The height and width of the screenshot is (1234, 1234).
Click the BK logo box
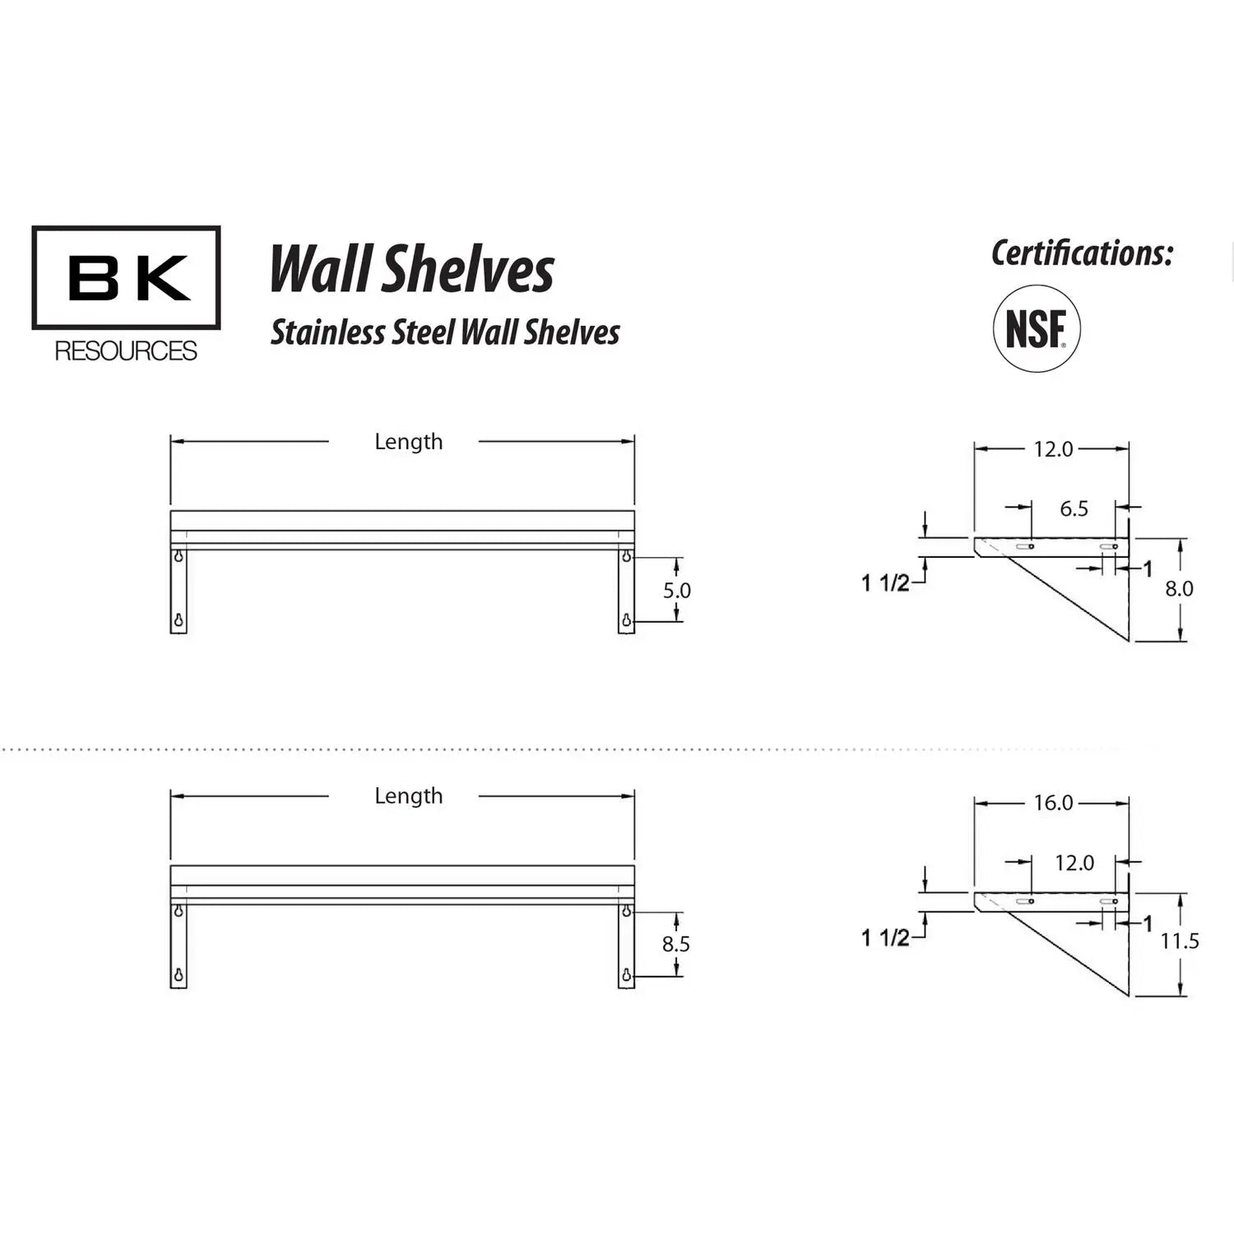click(x=126, y=278)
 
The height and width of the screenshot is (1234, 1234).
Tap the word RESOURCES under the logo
click(x=126, y=351)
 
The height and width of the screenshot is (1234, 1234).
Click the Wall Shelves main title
click(x=412, y=270)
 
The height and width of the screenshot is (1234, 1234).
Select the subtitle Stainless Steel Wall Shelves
click(x=445, y=332)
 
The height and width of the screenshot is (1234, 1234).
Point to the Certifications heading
click(x=1082, y=253)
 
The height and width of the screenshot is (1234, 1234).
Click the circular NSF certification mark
click(x=1037, y=329)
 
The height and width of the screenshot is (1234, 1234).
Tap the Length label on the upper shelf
click(x=408, y=442)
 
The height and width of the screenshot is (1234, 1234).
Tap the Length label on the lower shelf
click(x=408, y=796)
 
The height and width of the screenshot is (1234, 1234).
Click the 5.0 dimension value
click(x=677, y=591)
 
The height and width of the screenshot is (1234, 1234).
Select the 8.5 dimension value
click(x=676, y=944)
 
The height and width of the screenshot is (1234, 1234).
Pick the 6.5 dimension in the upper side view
click(x=1074, y=508)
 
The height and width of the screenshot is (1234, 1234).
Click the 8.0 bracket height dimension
click(x=1179, y=589)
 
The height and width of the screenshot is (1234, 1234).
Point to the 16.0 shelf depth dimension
click(x=1053, y=803)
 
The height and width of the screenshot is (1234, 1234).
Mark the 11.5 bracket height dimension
click(x=1179, y=941)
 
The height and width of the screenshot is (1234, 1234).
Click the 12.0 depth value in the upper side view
click(x=1053, y=449)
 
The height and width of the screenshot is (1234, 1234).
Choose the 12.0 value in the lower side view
click(x=1074, y=863)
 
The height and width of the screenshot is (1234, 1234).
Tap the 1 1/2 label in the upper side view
click(x=885, y=583)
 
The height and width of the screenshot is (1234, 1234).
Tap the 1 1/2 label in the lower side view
click(x=885, y=938)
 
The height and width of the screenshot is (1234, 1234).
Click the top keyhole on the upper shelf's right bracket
click(x=627, y=557)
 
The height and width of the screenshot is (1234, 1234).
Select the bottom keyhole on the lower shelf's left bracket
click(x=179, y=977)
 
